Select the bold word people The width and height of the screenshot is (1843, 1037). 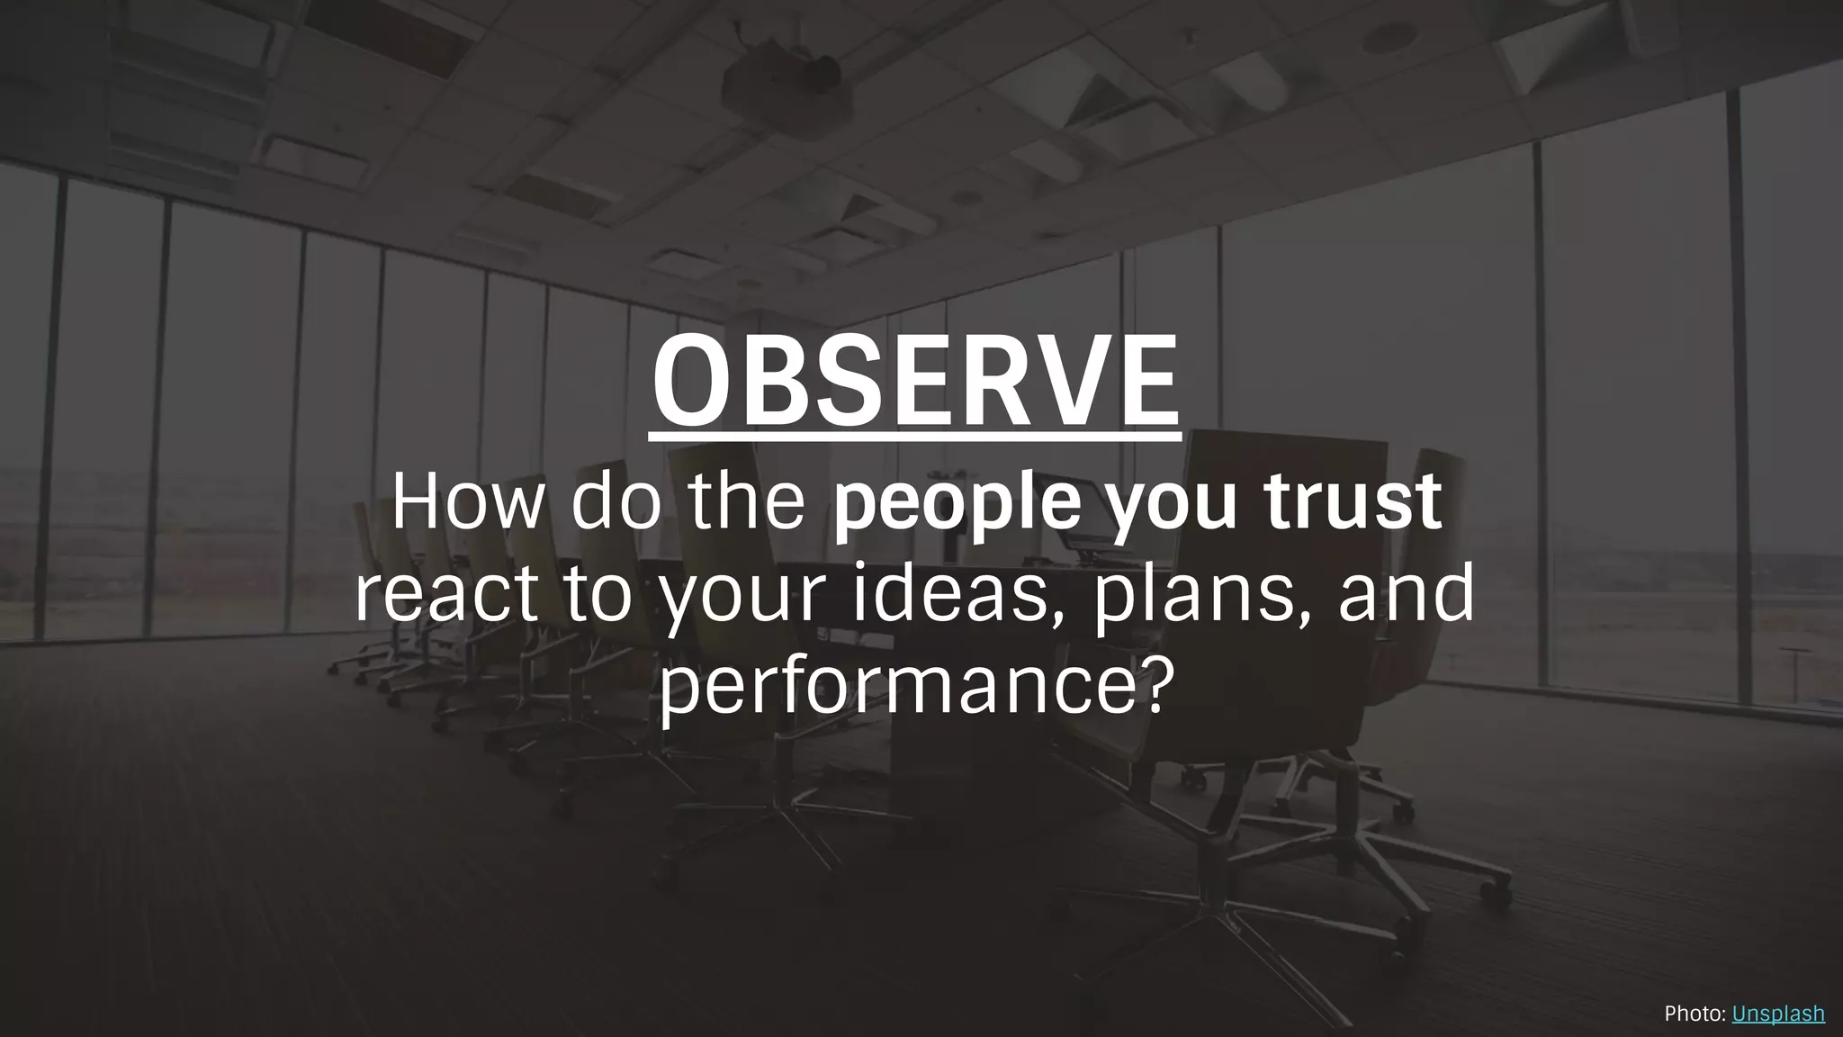957,506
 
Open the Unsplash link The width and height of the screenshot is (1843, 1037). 1777,1014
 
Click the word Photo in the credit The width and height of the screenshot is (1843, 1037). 1692,1014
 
